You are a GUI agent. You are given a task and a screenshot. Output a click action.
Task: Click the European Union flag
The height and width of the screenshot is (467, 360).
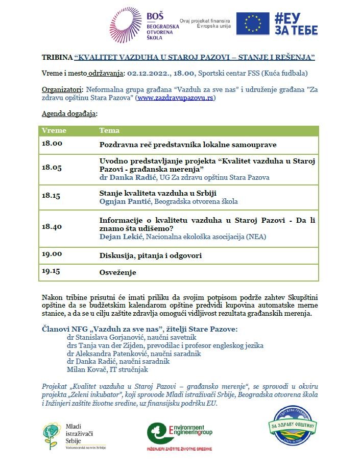pos(253,24)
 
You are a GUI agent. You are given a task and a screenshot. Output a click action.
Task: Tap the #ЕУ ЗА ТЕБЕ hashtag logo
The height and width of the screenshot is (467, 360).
pos(296,24)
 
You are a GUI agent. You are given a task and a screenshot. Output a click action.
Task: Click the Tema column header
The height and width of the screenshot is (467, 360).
pos(109,130)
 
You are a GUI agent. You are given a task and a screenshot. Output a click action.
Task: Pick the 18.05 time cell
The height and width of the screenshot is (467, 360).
pos(52,167)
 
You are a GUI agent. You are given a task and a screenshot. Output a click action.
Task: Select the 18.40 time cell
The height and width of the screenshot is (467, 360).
pos(52,226)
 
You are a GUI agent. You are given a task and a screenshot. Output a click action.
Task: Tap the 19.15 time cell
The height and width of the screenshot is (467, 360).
pos(52,272)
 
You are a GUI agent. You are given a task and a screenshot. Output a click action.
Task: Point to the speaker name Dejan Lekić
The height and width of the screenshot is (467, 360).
pos(118,237)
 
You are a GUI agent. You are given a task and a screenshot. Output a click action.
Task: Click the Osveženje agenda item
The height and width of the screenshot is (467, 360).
pos(117,273)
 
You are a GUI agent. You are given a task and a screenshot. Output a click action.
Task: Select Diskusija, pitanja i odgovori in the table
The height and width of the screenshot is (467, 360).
pos(150,255)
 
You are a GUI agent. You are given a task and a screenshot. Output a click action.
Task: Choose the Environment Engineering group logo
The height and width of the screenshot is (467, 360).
pos(179,434)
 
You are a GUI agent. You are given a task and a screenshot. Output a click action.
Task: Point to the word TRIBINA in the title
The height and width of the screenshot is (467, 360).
pos(57,57)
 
